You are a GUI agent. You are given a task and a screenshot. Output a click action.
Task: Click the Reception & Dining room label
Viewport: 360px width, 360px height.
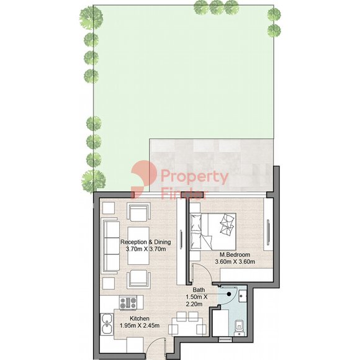point(146,242)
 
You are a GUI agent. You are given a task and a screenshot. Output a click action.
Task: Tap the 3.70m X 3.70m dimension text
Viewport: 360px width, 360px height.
point(146,249)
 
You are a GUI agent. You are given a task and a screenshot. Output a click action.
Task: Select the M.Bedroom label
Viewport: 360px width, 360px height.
point(235,254)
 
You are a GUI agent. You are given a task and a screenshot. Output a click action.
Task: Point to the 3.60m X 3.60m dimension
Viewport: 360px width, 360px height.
point(235,261)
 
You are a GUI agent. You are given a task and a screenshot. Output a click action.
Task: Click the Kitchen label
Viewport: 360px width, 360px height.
point(140,318)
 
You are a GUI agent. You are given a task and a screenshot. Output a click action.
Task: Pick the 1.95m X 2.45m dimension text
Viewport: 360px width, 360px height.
point(140,325)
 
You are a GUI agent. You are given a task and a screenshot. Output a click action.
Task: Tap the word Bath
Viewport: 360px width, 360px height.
point(199,290)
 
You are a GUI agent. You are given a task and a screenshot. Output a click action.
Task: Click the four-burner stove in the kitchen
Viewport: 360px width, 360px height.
point(128,303)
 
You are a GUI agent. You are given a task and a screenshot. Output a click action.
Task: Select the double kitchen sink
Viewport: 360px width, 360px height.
point(107,324)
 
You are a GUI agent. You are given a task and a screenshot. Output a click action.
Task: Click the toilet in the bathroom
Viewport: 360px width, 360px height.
point(240,326)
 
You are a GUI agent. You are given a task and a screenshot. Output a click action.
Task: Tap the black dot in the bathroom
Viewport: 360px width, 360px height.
point(229,294)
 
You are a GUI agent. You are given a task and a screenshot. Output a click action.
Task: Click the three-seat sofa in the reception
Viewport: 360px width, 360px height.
point(112,246)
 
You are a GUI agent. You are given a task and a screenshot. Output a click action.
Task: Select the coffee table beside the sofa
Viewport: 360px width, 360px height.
point(138,246)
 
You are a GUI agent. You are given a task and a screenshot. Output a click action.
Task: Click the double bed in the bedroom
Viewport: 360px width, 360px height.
point(213,232)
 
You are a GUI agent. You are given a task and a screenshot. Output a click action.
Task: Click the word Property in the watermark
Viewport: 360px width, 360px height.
point(194,176)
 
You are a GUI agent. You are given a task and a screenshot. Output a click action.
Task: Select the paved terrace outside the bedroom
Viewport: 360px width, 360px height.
point(211,165)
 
